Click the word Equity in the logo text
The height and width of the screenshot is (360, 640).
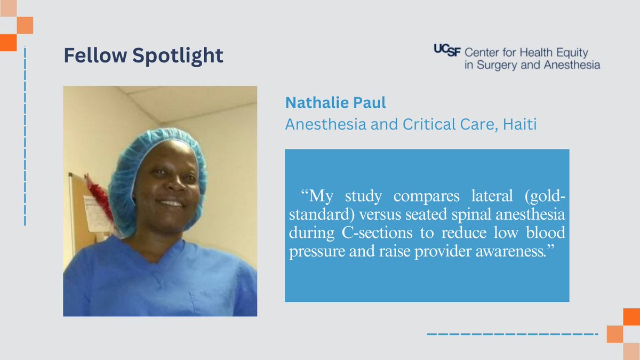[569, 53]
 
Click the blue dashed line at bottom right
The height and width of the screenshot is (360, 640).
[512, 334]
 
